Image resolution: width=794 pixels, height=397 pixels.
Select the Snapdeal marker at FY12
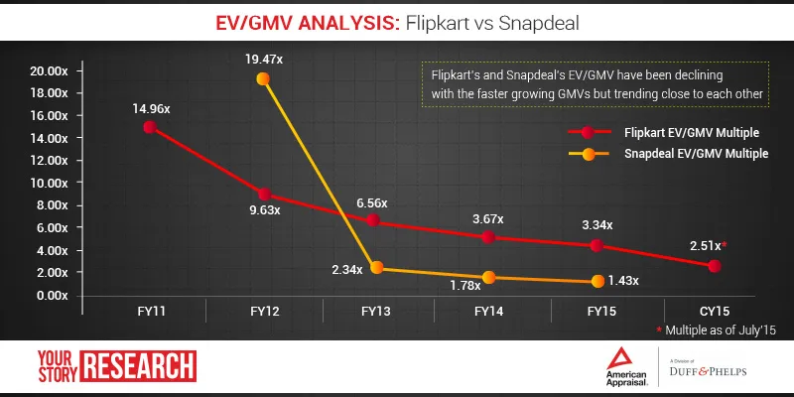tap(262, 79)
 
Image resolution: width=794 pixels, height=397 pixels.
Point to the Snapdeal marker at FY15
tap(597, 281)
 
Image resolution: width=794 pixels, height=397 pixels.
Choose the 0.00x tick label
tap(51, 295)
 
